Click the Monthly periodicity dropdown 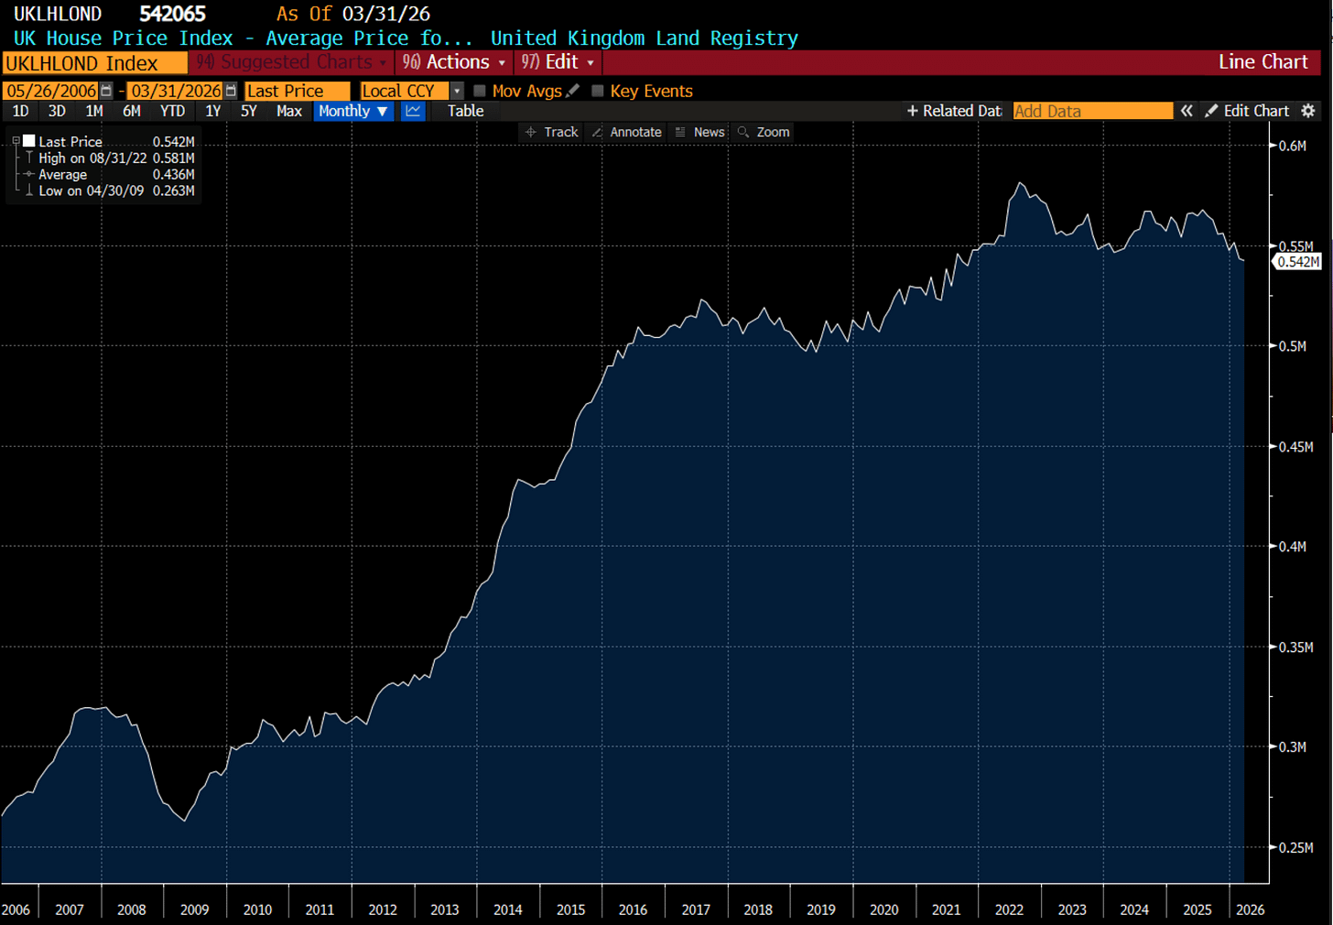pyautogui.click(x=352, y=112)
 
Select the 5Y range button pyautogui.click(x=249, y=112)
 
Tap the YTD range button pyautogui.click(x=172, y=112)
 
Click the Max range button pyautogui.click(x=289, y=112)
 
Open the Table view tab pyautogui.click(x=465, y=112)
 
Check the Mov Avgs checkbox pyautogui.click(x=480, y=91)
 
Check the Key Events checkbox pyautogui.click(x=598, y=91)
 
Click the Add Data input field pyautogui.click(x=1092, y=112)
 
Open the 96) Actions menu pyautogui.click(x=454, y=62)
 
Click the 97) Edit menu pyautogui.click(x=558, y=62)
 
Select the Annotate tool pyautogui.click(x=627, y=132)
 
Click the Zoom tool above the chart pyautogui.click(x=764, y=132)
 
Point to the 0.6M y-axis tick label pyautogui.click(x=1293, y=146)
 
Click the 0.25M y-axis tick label pyautogui.click(x=1295, y=847)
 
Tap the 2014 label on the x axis pyautogui.click(x=507, y=909)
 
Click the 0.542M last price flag pyautogui.click(x=1297, y=262)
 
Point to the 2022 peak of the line pyautogui.click(x=1020, y=183)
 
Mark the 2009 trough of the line pyautogui.click(x=185, y=821)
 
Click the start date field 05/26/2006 pyautogui.click(x=51, y=91)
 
